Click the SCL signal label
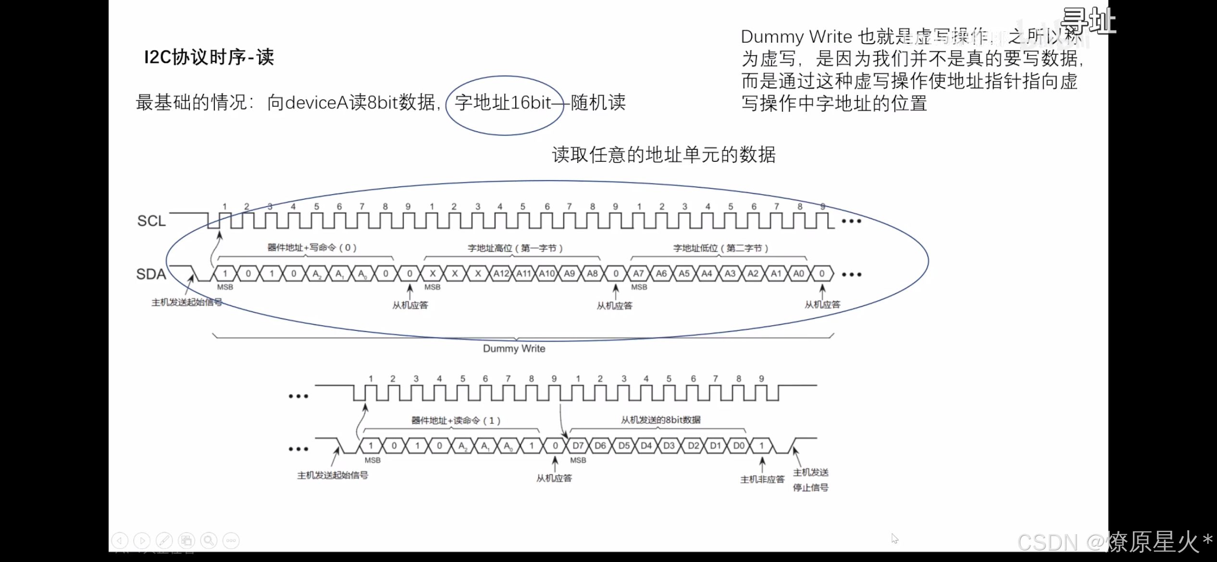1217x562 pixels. (151, 221)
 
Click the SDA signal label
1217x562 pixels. (151, 274)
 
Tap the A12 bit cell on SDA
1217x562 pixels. (501, 274)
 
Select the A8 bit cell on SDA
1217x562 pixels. (593, 274)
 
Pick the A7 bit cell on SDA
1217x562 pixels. (638, 274)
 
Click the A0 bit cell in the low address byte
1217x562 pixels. (799, 274)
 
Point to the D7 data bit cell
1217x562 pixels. (578, 446)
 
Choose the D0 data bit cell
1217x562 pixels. (739, 446)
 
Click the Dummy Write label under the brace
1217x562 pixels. (514, 349)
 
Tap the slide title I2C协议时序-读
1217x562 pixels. (209, 57)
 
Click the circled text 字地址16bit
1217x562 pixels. (503, 103)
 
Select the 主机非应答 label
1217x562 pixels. (762, 479)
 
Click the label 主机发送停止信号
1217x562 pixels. (810, 480)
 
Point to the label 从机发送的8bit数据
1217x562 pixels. (661, 420)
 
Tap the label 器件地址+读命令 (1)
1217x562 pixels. (456, 421)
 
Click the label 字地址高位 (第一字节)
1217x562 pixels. (515, 248)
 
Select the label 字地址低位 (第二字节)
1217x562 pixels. (720, 248)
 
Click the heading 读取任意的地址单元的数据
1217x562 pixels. (664, 155)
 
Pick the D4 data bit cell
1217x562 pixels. (646, 446)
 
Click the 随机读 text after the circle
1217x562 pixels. (598, 103)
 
